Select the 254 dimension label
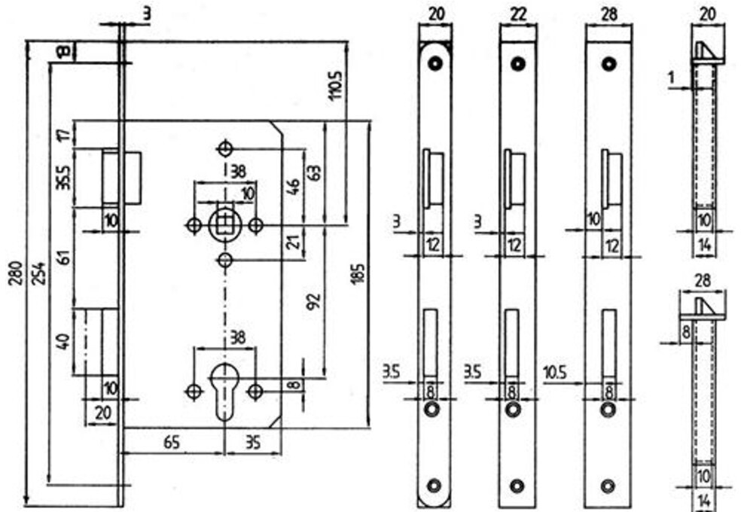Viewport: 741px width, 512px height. (x=40, y=273)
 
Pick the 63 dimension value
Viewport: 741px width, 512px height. (x=316, y=172)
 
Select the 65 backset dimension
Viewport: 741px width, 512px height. (x=172, y=443)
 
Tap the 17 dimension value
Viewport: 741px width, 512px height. (x=66, y=134)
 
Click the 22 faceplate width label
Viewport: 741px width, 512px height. (x=518, y=14)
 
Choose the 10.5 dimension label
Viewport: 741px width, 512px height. (x=555, y=373)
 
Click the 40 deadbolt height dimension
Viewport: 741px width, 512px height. (x=64, y=341)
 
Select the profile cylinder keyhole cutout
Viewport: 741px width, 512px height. (x=225, y=392)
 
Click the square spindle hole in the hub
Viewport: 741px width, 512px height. (x=225, y=225)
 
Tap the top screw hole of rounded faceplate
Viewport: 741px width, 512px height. (x=435, y=63)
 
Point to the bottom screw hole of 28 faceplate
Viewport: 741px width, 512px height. (x=608, y=486)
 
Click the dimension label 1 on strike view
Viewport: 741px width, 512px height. (x=672, y=77)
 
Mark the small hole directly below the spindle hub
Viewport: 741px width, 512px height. (x=225, y=260)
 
